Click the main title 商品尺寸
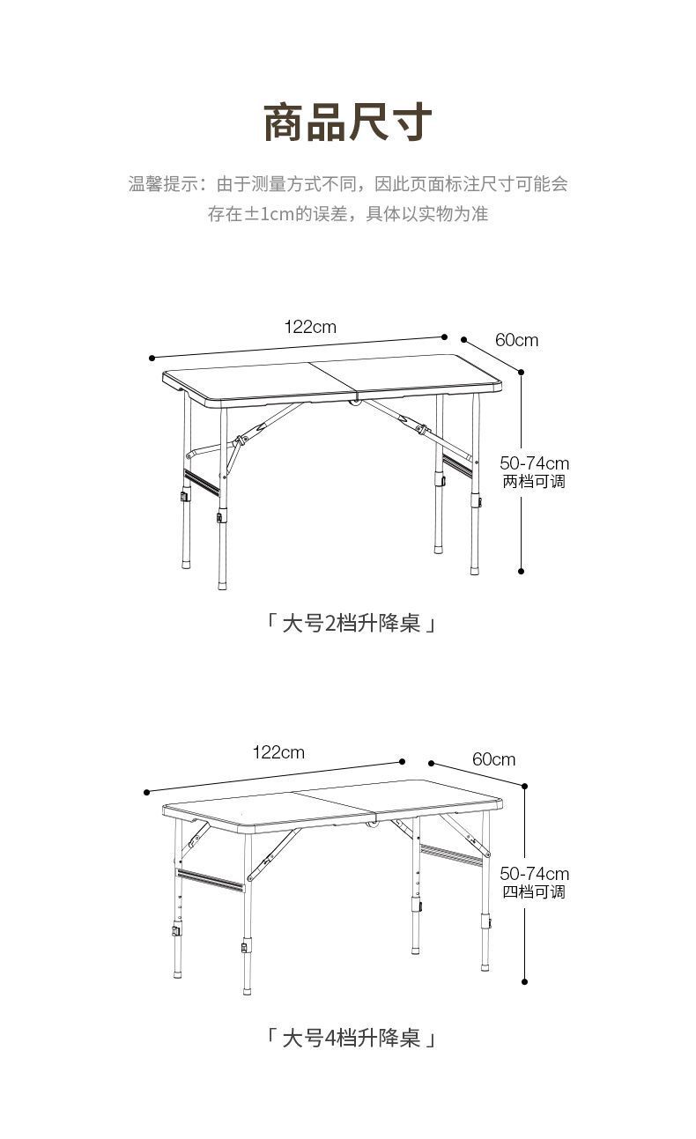(x=348, y=122)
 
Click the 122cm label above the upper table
(x=309, y=327)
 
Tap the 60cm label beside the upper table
(x=516, y=340)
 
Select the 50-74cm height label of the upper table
(x=534, y=463)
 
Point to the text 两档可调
(x=534, y=482)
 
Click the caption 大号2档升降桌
(x=350, y=624)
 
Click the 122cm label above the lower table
(x=278, y=751)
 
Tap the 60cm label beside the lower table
(x=494, y=758)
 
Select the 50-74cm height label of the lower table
(x=534, y=873)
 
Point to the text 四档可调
(x=534, y=891)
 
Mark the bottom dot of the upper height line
(x=522, y=571)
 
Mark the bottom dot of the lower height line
(x=525, y=981)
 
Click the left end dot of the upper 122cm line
(x=152, y=358)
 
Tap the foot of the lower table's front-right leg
(x=485, y=965)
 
